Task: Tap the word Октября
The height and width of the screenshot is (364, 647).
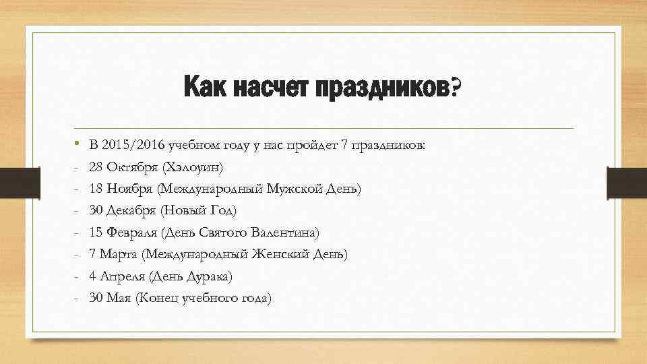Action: (131, 166)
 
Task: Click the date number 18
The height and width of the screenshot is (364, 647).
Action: (95, 189)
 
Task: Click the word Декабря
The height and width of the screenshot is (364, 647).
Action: (130, 211)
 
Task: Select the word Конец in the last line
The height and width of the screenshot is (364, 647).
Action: (158, 299)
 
